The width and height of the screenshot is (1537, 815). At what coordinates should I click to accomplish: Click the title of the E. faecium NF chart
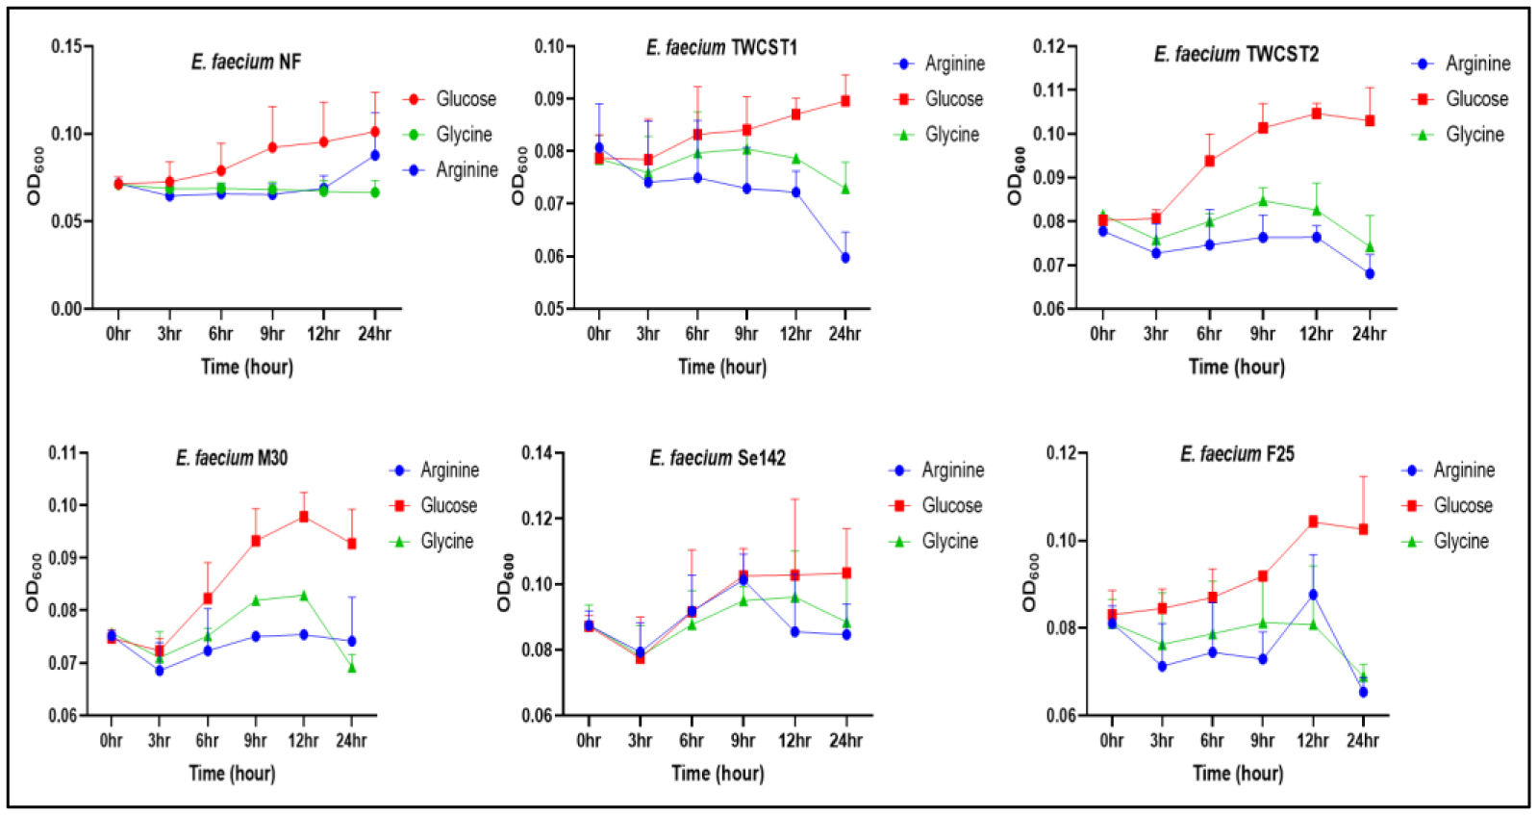246,63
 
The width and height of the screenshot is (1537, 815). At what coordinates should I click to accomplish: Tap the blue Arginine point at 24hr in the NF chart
374,155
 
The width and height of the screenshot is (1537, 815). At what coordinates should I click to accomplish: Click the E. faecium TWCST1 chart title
721,47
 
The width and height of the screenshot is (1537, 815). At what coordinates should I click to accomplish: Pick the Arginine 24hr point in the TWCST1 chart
845,258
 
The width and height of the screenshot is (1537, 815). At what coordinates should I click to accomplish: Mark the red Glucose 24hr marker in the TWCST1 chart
845,101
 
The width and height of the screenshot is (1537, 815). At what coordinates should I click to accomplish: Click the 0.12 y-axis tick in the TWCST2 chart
1048,46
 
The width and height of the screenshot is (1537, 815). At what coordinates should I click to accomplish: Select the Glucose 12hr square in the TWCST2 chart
1316,114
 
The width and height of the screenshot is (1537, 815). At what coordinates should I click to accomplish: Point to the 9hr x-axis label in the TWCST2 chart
1262,334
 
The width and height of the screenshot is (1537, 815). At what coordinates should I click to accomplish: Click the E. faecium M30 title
232,458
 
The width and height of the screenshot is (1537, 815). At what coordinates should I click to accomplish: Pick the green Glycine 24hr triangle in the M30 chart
352,668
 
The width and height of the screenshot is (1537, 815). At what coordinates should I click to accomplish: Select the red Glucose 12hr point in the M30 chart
304,517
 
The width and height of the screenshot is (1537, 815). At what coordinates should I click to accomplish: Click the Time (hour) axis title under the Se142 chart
718,774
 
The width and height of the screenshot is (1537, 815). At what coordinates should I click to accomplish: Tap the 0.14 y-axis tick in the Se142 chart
537,453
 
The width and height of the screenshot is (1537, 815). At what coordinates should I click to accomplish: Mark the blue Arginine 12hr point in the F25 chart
1313,595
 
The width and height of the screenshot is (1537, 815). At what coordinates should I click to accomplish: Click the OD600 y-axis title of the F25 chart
1029,582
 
